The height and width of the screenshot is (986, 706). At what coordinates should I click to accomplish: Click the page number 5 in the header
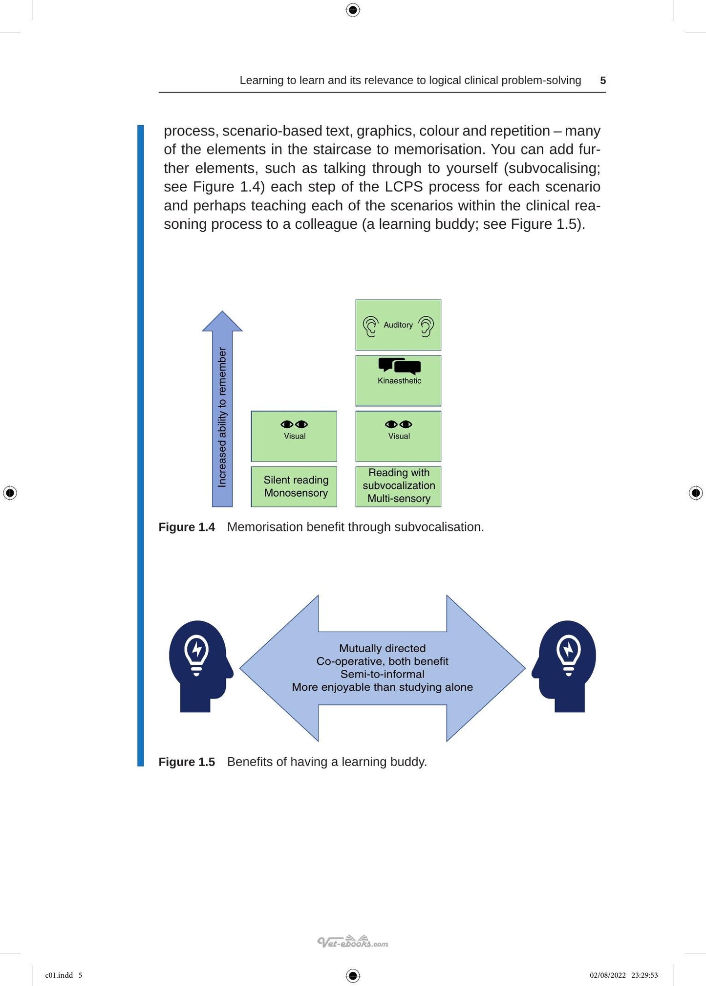tap(603, 81)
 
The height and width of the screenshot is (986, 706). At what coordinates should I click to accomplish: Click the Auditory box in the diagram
tap(398, 325)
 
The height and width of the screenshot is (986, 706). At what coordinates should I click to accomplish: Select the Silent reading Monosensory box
tap(294, 486)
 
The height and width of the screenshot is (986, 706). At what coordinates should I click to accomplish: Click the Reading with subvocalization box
tap(398, 486)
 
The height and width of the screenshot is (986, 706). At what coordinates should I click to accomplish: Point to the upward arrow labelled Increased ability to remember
tap(222, 409)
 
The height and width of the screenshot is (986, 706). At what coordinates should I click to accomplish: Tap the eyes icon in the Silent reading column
tap(294, 424)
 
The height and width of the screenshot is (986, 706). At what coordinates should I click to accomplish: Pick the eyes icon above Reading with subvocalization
tap(399, 424)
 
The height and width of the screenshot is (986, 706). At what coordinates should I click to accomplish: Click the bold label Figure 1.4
tap(187, 527)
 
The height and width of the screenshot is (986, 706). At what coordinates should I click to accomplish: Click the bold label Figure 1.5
tap(187, 762)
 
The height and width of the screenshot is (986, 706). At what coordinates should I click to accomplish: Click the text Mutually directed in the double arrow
tap(383, 648)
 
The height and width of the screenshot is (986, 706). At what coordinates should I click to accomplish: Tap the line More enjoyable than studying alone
tap(383, 687)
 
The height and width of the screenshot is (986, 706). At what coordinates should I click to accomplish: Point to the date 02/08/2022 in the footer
tap(608, 975)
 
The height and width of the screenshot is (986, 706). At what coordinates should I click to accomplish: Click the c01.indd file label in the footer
tap(59, 975)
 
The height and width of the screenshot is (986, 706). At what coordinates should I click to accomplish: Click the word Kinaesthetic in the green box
tap(399, 381)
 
